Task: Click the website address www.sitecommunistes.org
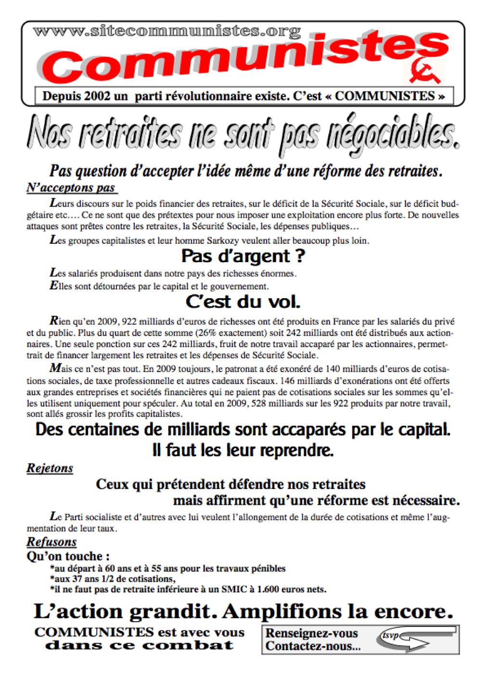(x=166, y=31)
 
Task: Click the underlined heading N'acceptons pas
(x=71, y=188)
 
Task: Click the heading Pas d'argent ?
(x=243, y=256)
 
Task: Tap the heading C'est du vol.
(x=243, y=302)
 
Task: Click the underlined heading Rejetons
(x=50, y=468)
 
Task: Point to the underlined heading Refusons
(x=51, y=542)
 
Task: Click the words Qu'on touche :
(x=68, y=556)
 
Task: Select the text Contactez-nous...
(x=313, y=647)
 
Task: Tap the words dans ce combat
(x=139, y=645)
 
